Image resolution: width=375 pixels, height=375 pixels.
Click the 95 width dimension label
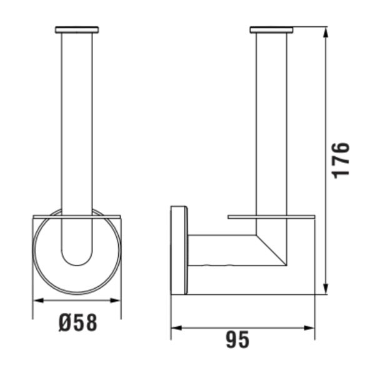pyautogui.click(x=237, y=340)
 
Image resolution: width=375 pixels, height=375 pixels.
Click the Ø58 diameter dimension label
pyautogui.click(x=77, y=322)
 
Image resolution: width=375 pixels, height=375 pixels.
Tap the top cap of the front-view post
pyautogui.click(x=77, y=29)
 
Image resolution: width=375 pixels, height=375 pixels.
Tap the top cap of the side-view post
pyautogui.click(x=271, y=29)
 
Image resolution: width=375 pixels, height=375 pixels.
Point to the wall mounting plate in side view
pyautogui.click(x=179, y=249)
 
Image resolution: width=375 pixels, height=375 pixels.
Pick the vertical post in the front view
pyautogui.click(x=77, y=125)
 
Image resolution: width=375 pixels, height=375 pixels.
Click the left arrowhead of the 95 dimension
pyautogui.click(x=176, y=326)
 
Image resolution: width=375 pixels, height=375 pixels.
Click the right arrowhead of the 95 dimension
pyautogui.click(x=311, y=326)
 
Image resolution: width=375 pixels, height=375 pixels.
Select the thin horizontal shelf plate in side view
pyautogui.click(x=271, y=217)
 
